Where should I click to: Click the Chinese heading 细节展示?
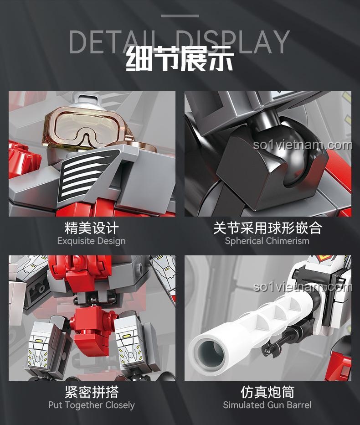click(x=180, y=60)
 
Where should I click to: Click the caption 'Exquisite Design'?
click(x=91, y=241)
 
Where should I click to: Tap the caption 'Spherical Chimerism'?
click(x=267, y=241)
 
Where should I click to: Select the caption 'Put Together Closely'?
click(x=91, y=405)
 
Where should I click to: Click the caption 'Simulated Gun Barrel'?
click(x=267, y=405)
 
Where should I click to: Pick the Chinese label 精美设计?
click(x=91, y=228)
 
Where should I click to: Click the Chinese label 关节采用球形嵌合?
click(x=267, y=228)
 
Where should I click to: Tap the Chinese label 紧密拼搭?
click(x=91, y=392)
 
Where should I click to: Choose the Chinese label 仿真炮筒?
click(x=267, y=392)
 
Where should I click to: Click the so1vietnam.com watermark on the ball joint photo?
click(x=303, y=145)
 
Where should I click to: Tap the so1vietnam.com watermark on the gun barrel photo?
click(x=303, y=287)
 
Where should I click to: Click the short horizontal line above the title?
click(x=180, y=16)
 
